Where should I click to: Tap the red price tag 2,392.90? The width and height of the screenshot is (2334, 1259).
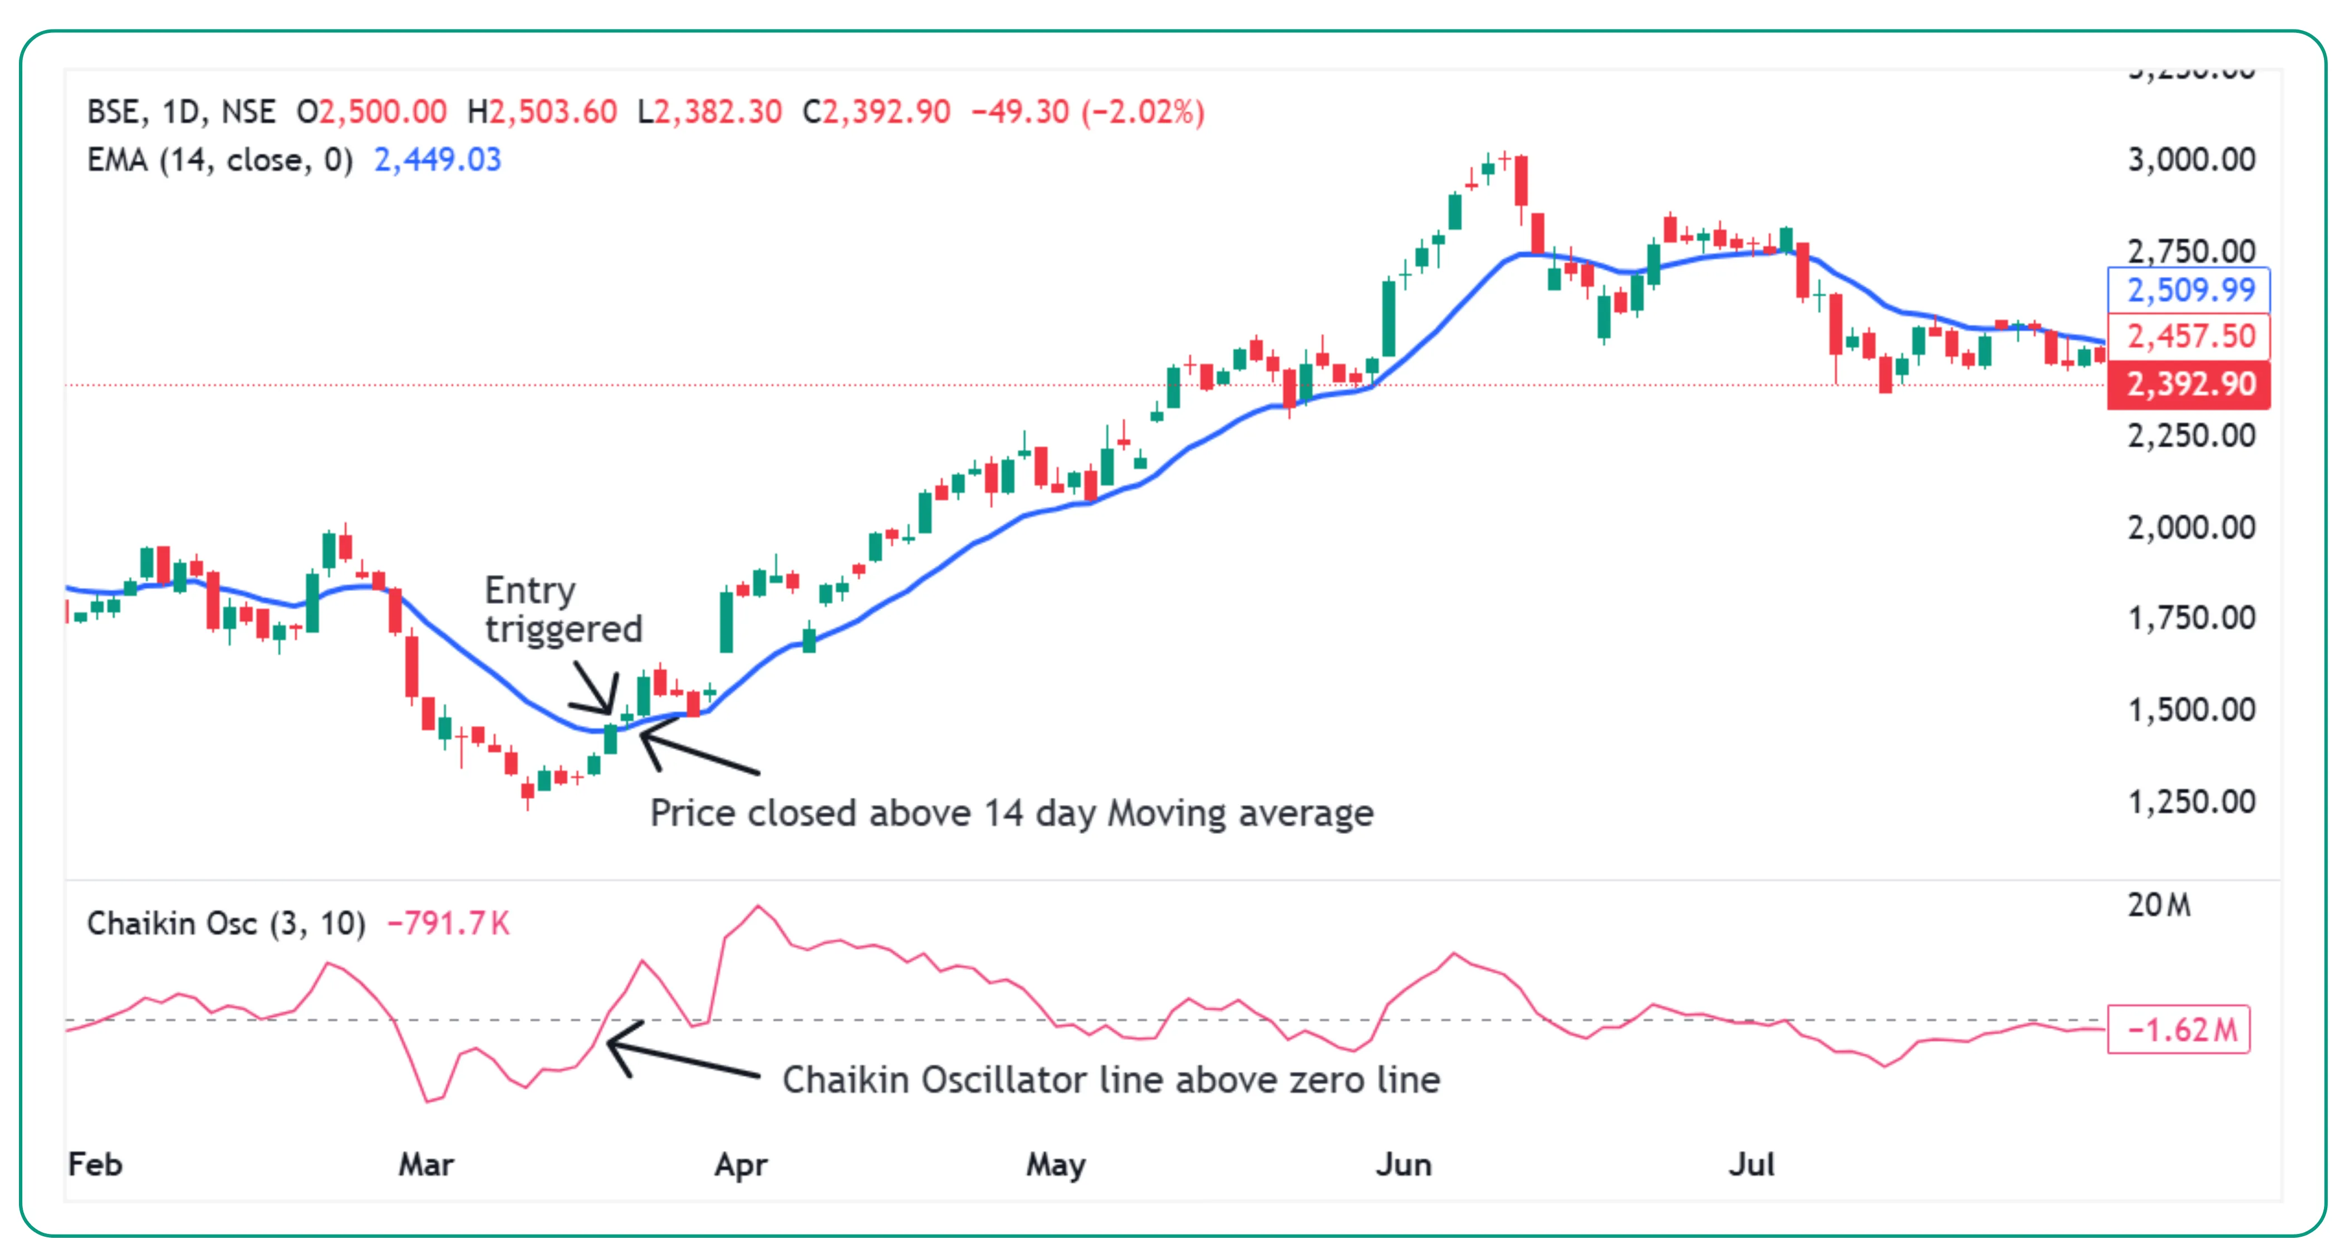[2190, 384]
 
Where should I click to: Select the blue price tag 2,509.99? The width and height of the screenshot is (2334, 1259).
[2190, 290]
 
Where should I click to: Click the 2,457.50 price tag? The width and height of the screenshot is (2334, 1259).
[2190, 336]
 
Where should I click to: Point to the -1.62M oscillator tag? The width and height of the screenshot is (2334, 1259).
[2179, 1029]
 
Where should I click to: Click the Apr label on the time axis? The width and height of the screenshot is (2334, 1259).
[741, 1165]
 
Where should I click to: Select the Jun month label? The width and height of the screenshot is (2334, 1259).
[1404, 1165]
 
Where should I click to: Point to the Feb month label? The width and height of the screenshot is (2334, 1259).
[95, 1165]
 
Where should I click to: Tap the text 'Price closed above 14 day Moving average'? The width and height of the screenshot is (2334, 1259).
[1011, 813]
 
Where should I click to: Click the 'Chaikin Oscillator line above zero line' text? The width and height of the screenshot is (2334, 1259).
[1111, 1080]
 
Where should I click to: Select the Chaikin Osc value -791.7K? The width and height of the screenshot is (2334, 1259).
[449, 924]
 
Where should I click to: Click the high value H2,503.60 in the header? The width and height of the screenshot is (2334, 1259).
[542, 113]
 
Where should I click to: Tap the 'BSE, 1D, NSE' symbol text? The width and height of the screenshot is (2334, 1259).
[181, 113]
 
